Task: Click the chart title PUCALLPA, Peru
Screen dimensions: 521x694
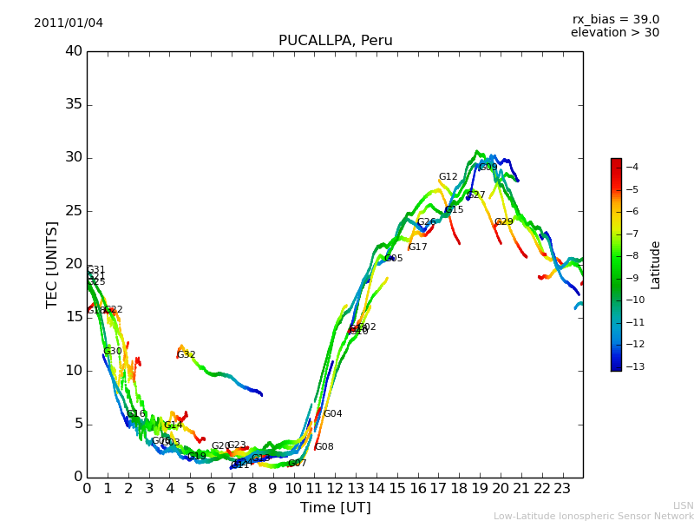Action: click(x=335, y=41)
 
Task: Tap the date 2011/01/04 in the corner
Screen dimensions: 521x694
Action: click(x=69, y=23)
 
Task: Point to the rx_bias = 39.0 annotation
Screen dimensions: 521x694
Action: click(x=615, y=19)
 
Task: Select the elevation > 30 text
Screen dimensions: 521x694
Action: click(x=614, y=33)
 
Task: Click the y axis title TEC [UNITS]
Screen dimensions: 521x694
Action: click(x=52, y=264)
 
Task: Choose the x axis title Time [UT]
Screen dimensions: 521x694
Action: click(x=335, y=507)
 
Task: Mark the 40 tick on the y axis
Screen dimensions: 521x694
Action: click(x=74, y=51)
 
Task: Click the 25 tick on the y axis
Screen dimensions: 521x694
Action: click(x=74, y=211)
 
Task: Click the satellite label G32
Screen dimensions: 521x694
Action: click(x=186, y=354)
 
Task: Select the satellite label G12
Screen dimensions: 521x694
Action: click(x=448, y=177)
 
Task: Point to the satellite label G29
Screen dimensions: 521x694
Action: click(x=504, y=222)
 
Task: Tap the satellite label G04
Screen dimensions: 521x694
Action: click(x=333, y=414)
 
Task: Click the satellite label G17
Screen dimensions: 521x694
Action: click(x=418, y=247)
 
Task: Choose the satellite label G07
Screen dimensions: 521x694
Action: click(x=298, y=464)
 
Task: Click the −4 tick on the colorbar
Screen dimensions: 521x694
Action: click(x=632, y=168)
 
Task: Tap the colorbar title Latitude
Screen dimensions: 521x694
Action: click(x=656, y=265)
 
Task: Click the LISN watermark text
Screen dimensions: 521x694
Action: click(x=683, y=505)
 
